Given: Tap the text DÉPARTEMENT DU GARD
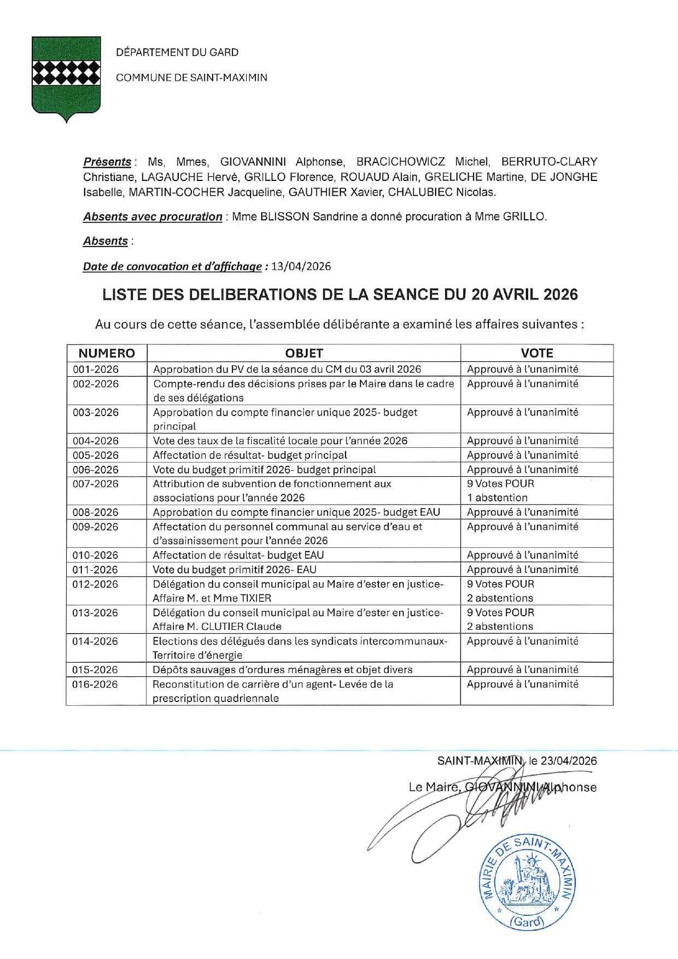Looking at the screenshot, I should pyautogui.click(x=177, y=52).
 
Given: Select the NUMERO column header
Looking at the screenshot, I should pyautogui.click(x=107, y=353).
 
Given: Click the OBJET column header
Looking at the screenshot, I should pyautogui.click(x=304, y=353).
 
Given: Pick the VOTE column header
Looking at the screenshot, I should pyautogui.click(x=536, y=353).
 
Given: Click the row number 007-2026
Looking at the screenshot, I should pyautogui.click(x=96, y=484).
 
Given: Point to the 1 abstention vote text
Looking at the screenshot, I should pyautogui.click(x=497, y=498).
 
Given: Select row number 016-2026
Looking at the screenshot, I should pyautogui.click(x=95, y=684).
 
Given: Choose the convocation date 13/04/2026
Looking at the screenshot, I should pyautogui.click(x=301, y=266).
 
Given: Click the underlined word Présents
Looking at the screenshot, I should pyautogui.click(x=107, y=162).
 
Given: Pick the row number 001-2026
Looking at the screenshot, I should pyautogui.click(x=96, y=369).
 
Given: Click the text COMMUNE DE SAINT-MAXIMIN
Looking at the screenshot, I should pyautogui.click(x=191, y=78).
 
